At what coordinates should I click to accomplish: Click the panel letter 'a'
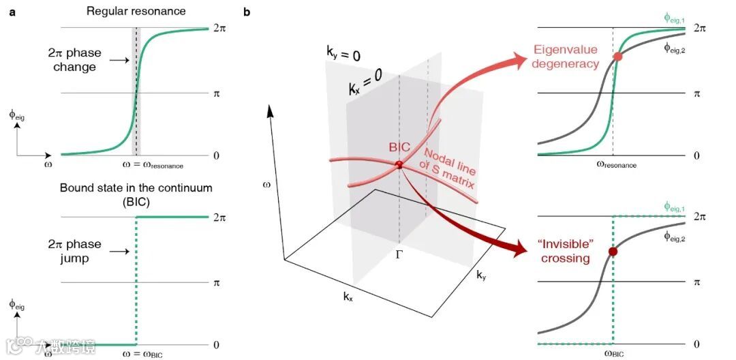(x=12, y=12)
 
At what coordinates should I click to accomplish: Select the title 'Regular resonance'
(x=137, y=12)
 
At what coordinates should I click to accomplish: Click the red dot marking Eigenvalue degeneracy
(x=618, y=57)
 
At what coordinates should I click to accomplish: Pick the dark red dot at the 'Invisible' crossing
(x=613, y=252)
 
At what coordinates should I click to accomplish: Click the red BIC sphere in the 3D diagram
(x=399, y=165)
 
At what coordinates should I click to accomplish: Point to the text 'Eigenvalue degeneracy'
(x=566, y=57)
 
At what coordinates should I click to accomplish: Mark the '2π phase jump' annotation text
(x=76, y=251)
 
